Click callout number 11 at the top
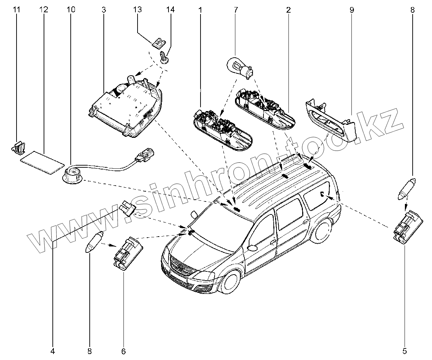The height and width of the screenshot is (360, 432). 17,10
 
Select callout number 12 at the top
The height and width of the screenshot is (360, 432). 44,10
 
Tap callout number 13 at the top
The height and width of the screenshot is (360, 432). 137,10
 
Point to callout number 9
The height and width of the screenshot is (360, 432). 351,10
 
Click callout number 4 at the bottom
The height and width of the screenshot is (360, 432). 53,351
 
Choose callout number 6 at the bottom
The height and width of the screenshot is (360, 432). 123,351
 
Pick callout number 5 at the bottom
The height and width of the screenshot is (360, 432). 405,351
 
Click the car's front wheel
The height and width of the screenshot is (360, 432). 231,281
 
